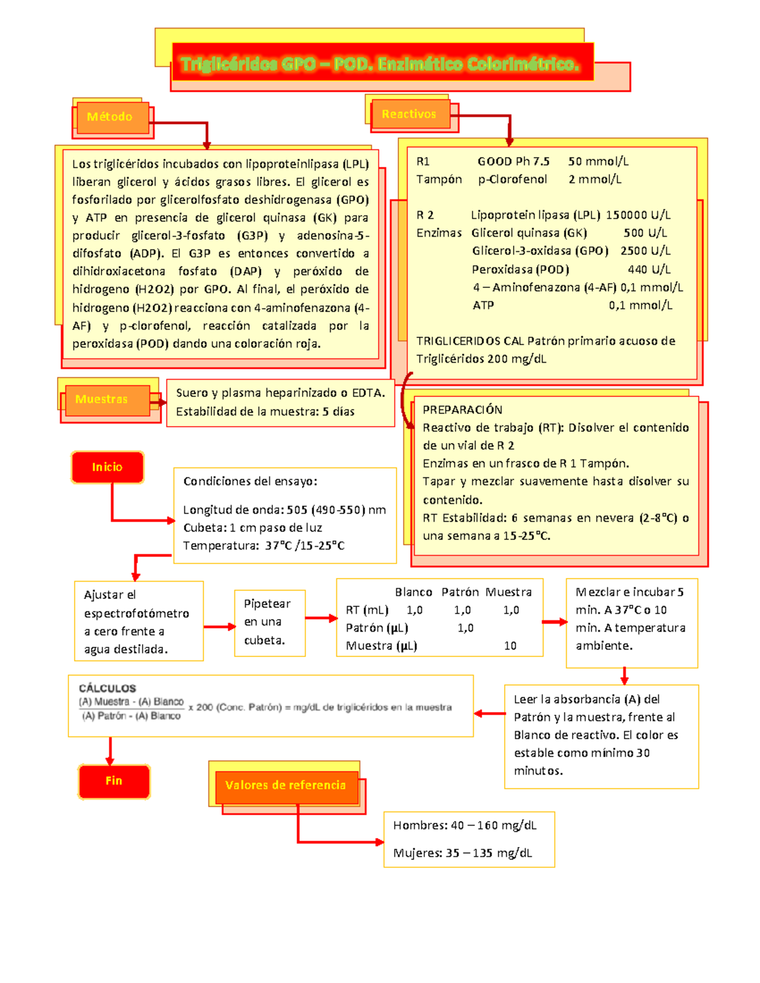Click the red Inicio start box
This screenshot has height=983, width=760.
point(107,467)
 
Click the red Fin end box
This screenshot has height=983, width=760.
point(114,781)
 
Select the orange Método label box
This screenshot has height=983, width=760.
point(110,117)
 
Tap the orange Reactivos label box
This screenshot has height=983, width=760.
point(410,115)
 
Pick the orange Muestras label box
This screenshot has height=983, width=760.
point(103,399)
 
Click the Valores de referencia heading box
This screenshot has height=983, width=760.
point(286,786)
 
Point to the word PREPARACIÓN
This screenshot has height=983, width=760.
point(462,410)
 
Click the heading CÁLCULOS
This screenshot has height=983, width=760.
point(107,688)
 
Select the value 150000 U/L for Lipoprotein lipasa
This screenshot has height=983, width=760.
point(638,215)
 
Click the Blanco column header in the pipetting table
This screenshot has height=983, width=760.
point(413,592)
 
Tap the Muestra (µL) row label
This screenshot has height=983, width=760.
point(381,646)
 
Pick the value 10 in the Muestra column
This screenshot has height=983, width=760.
point(510,646)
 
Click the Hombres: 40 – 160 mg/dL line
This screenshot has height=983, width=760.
point(465,825)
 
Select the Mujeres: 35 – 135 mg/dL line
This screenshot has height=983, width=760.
point(462,853)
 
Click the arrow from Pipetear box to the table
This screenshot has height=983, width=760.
point(321,618)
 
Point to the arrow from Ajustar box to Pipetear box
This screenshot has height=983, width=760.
point(219,627)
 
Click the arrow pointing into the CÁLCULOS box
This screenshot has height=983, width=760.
point(489,713)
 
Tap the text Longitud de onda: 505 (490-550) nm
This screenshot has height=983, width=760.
point(284,510)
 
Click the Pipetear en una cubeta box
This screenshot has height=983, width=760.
point(270,623)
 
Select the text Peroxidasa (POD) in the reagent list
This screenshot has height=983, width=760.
point(520,270)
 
